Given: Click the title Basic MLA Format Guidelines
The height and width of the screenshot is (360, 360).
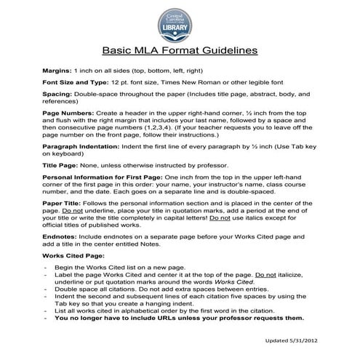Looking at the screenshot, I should pos(180,52).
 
